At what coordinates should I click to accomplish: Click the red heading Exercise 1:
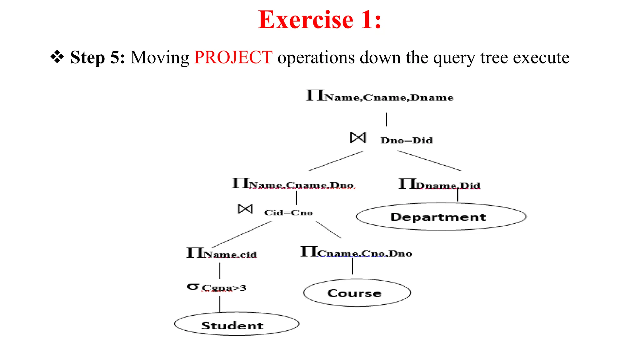click(x=320, y=20)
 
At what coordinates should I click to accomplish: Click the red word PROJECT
click(x=233, y=57)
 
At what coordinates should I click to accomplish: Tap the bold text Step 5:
click(x=97, y=57)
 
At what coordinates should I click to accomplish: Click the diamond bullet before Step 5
click(x=57, y=57)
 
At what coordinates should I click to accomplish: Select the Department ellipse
click(x=441, y=217)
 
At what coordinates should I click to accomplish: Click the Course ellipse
click(x=356, y=293)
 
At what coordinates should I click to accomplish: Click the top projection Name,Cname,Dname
click(x=379, y=96)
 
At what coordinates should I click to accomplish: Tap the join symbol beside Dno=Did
click(x=358, y=137)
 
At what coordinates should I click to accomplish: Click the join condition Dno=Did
click(x=406, y=140)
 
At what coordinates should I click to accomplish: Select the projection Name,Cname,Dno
click(x=293, y=184)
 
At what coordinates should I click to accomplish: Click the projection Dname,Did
click(x=439, y=184)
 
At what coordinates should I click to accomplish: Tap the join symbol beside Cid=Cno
click(x=245, y=209)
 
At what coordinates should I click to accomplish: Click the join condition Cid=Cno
click(x=288, y=213)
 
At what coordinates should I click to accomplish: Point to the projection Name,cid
click(x=222, y=253)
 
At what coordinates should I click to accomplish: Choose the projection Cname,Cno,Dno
click(x=356, y=252)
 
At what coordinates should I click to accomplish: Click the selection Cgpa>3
click(x=217, y=287)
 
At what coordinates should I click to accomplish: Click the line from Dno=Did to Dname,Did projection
click(x=430, y=161)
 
